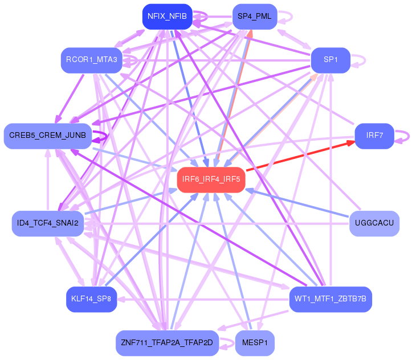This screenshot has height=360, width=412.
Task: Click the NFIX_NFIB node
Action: point(167,16)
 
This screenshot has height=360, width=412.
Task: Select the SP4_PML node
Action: point(254,16)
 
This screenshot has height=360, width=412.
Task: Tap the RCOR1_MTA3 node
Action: point(92,60)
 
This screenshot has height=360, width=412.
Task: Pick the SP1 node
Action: point(330,60)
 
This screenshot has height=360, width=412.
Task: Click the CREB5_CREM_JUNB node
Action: point(48,136)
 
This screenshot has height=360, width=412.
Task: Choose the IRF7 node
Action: point(374,136)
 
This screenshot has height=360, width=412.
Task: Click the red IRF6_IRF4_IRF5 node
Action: point(211,179)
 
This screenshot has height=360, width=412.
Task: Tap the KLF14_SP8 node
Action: point(91,298)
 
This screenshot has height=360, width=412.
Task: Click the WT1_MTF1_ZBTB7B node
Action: point(331,298)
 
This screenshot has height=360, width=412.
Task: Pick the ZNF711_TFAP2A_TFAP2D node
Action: point(167,342)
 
